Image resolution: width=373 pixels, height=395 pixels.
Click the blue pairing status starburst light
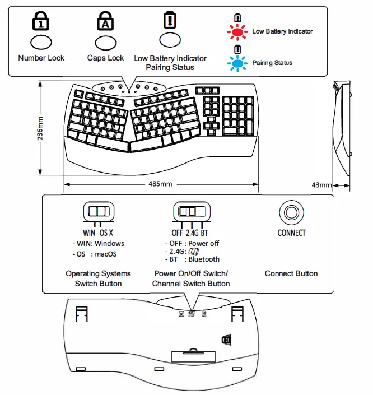(x=237, y=63)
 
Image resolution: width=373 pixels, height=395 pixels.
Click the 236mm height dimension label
(x=40, y=130)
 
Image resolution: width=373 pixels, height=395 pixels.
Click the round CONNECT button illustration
(x=291, y=212)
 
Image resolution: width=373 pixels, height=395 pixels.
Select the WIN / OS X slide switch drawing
(x=98, y=212)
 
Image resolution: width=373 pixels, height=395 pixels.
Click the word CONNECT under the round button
(x=291, y=233)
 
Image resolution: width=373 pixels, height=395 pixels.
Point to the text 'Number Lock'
(x=41, y=58)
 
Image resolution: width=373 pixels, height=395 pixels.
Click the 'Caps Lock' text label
(x=105, y=58)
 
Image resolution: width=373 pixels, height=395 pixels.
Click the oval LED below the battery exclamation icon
(x=170, y=40)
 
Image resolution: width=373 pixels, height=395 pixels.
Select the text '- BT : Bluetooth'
(x=193, y=259)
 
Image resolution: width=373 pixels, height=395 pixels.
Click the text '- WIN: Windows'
(x=99, y=244)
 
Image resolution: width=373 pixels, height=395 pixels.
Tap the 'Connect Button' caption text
(x=291, y=273)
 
